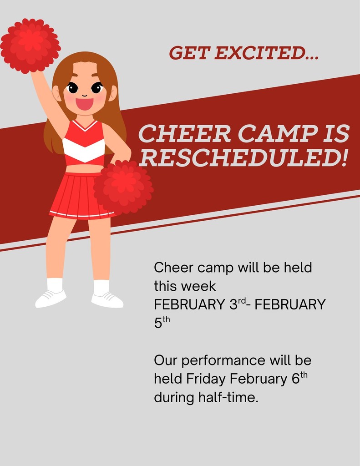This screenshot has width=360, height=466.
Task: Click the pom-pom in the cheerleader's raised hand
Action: coord(30,46)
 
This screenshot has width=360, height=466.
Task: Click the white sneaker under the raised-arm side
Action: coord(51,299)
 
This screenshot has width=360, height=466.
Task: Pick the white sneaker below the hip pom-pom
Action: coord(107,300)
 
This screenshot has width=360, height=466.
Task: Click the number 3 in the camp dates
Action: coord(233,304)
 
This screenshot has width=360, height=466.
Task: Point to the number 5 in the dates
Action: coord(158,323)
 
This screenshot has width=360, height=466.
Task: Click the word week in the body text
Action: coord(198,286)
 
